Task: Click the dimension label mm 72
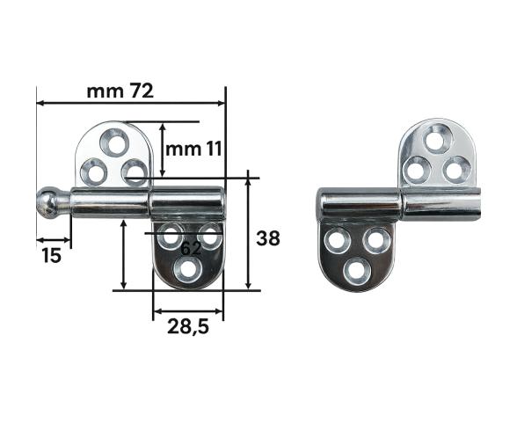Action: coord(120,91)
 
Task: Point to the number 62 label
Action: coord(191,249)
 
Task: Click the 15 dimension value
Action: coord(52,255)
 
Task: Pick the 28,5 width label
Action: coord(187,327)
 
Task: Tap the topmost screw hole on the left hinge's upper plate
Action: coord(114,138)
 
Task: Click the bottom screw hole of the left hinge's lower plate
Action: coord(187,270)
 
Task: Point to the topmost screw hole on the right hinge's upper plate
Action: coord(435,138)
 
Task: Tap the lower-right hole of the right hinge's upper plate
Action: coord(455,168)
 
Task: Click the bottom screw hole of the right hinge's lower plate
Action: coord(356,270)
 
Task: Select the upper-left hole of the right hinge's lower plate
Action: coord(336,238)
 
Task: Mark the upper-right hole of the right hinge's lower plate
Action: coord(375,238)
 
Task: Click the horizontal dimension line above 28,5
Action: coord(187,310)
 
